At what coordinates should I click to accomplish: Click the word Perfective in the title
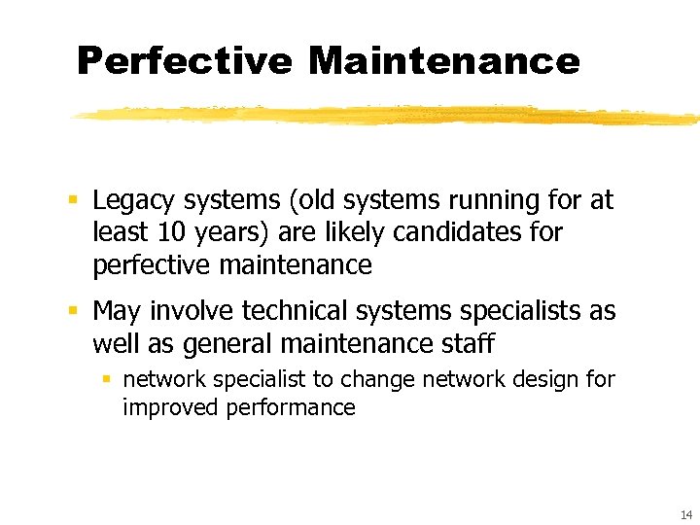184,61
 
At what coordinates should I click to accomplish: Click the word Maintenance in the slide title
444,61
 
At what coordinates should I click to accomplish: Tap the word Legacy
131,201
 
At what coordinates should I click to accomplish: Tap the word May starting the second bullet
116,312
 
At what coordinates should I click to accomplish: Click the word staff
467,343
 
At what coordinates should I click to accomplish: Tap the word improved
170,407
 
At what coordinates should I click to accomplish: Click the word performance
291,407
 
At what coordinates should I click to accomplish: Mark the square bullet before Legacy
73,201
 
